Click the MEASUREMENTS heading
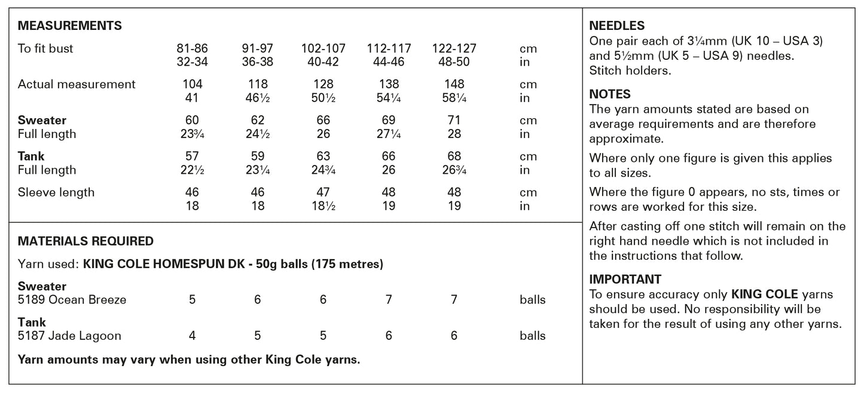point(70,26)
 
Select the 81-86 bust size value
point(192,48)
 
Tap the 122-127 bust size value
point(454,48)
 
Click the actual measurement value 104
point(192,84)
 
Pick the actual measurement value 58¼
point(454,98)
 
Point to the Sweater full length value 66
point(323,120)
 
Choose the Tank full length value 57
point(192,156)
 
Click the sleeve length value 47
point(323,192)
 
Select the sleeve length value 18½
point(323,206)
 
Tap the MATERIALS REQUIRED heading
point(86,241)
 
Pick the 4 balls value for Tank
point(192,336)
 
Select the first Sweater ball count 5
point(192,300)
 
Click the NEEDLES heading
point(616,26)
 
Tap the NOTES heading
point(610,94)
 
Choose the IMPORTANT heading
point(625,279)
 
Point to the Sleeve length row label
point(56,192)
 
